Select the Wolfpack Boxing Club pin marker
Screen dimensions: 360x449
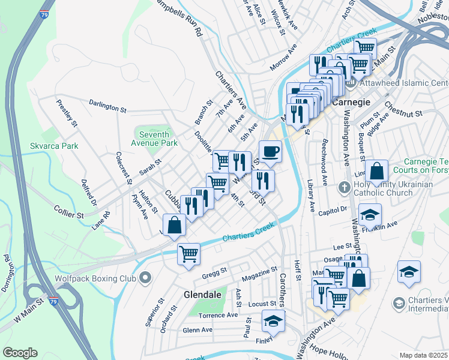tap(145, 278)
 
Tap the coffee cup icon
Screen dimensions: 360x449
tap(270, 151)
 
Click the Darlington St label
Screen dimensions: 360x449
tap(107, 106)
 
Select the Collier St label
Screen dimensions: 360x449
tap(68, 214)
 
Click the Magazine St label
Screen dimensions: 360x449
tap(259, 275)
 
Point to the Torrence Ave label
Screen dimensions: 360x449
tap(218, 316)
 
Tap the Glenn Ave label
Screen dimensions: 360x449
tap(197, 330)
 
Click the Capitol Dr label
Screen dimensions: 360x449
tap(336, 210)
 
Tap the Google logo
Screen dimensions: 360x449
tap(20, 353)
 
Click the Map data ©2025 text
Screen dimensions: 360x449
tap(424, 355)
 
